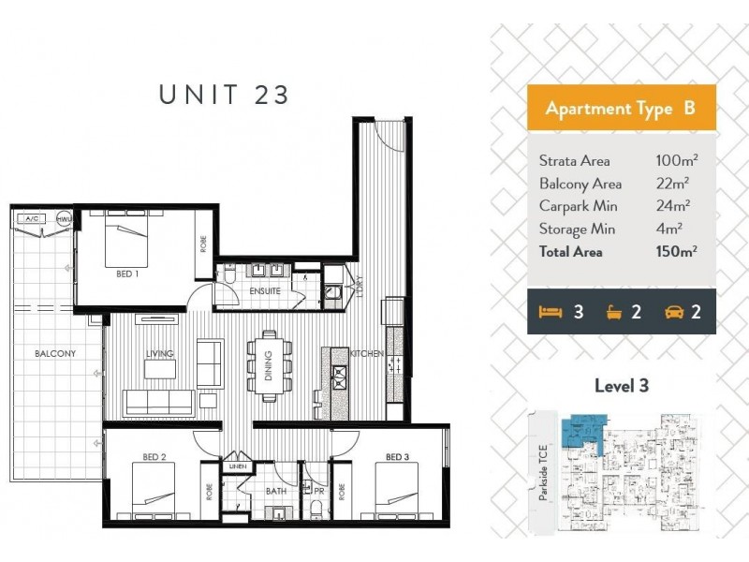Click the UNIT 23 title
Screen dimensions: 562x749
pos(225,95)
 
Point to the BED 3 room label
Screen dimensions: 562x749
pos(399,457)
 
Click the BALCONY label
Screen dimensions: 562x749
pos(55,353)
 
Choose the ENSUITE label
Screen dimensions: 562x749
pos(265,291)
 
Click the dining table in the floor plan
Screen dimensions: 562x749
pos(268,365)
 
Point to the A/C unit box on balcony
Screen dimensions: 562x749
pos(33,218)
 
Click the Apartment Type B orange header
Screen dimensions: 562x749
pos(621,109)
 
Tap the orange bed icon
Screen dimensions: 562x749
pos(551,312)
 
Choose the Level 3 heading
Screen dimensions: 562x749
pos(621,385)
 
